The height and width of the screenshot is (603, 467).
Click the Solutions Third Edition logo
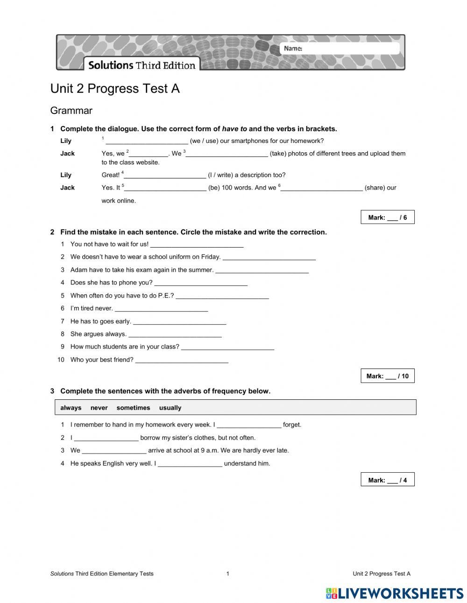click(x=142, y=65)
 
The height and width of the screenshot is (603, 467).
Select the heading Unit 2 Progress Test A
click(x=115, y=89)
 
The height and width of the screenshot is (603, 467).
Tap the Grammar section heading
click(x=71, y=111)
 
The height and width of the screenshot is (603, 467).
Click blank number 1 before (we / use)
click(x=147, y=141)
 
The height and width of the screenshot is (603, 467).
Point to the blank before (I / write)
click(x=165, y=175)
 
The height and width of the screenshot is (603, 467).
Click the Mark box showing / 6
click(x=387, y=217)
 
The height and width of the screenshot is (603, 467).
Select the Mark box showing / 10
click(x=387, y=376)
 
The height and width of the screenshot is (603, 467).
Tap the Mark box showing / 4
click(x=387, y=480)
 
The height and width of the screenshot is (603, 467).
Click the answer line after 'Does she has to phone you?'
click(x=201, y=283)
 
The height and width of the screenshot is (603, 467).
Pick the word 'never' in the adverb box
click(x=99, y=408)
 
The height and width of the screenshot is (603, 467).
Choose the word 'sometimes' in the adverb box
click(x=133, y=408)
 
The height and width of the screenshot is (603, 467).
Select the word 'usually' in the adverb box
click(x=170, y=408)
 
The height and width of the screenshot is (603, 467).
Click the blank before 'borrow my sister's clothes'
click(x=106, y=438)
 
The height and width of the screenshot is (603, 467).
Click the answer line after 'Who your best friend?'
click(x=182, y=360)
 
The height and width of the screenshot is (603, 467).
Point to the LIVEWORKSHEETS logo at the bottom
click(x=395, y=593)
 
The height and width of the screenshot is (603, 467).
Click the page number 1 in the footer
click(x=227, y=574)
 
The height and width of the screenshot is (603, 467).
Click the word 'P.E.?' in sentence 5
click(x=166, y=296)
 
